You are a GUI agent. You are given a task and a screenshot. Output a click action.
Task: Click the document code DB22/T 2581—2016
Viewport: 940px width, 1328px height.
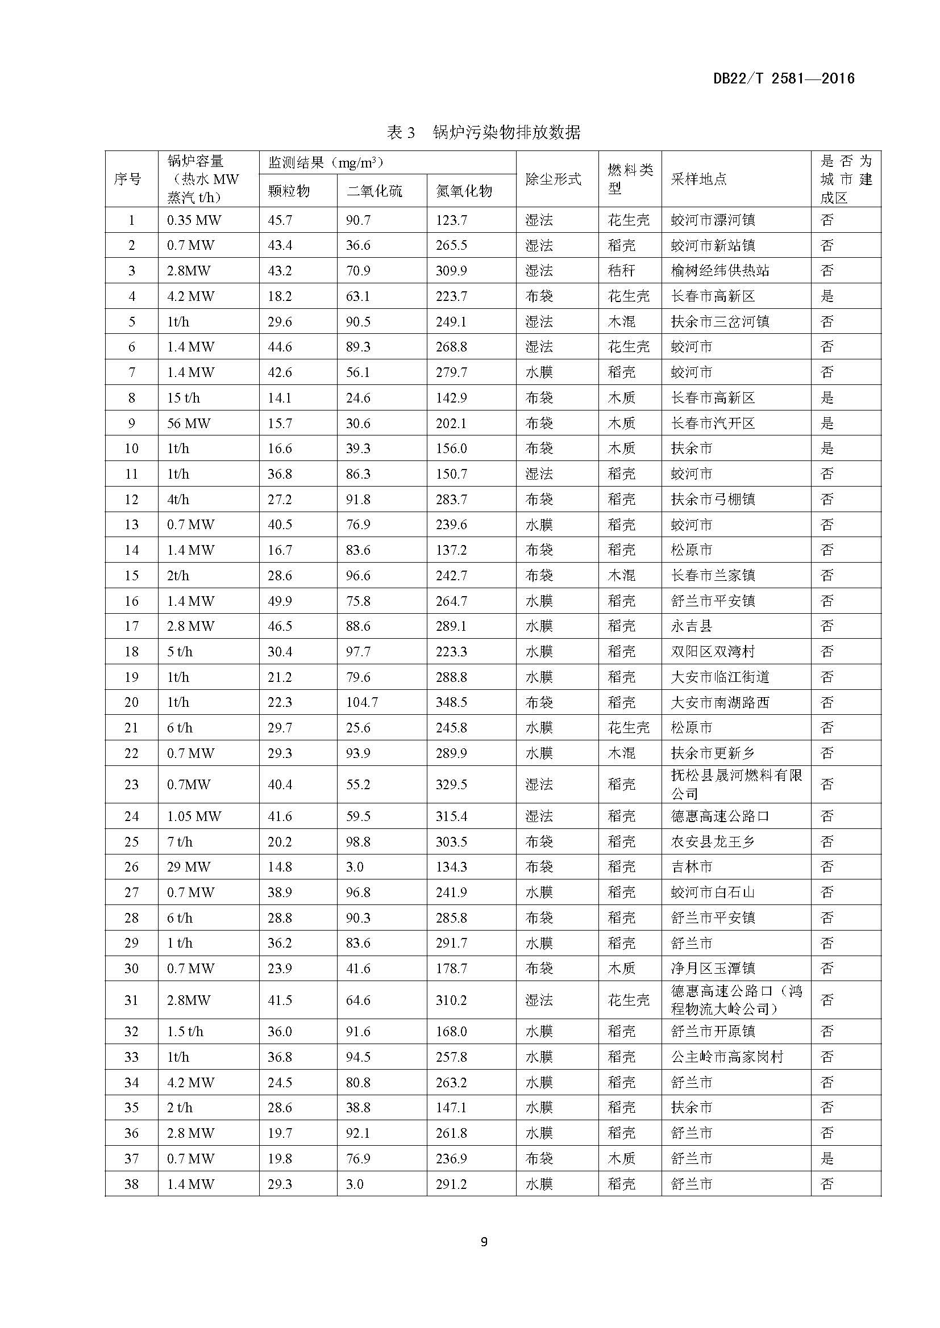click(784, 79)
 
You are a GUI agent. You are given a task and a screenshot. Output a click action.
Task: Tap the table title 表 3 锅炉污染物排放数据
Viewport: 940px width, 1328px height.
click(483, 132)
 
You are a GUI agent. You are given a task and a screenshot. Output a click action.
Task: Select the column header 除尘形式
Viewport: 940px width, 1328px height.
click(553, 179)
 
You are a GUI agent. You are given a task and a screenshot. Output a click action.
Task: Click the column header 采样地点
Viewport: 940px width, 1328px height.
click(698, 179)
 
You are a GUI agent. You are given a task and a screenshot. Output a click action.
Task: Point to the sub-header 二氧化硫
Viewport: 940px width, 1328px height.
click(374, 191)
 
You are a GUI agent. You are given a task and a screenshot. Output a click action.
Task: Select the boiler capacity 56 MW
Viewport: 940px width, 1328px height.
click(189, 424)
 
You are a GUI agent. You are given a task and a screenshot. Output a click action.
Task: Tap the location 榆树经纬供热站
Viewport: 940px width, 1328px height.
click(720, 271)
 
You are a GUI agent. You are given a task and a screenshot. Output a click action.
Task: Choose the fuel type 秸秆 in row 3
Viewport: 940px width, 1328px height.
click(621, 271)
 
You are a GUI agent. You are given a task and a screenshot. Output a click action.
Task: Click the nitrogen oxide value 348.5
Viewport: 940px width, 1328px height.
click(451, 702)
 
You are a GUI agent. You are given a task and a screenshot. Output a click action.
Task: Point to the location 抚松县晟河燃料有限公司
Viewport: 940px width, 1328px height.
click(735, 784)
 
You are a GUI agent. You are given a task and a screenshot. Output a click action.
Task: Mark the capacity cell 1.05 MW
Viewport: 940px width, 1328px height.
click(194, 816)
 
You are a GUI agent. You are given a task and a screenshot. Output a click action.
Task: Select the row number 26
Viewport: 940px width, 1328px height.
click(131, 867)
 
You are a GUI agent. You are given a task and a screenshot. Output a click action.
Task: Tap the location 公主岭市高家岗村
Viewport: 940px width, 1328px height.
click(726, 1057)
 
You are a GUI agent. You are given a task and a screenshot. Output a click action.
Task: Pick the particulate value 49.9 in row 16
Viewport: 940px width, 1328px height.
click(280, 601)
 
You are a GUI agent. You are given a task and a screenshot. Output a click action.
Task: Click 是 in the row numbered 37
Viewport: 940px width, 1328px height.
click(827, 1159)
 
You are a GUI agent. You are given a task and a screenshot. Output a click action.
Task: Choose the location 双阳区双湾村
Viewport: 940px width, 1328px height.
click(713, 652)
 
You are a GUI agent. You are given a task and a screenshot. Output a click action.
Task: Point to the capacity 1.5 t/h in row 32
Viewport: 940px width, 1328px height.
click(185, 1032)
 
